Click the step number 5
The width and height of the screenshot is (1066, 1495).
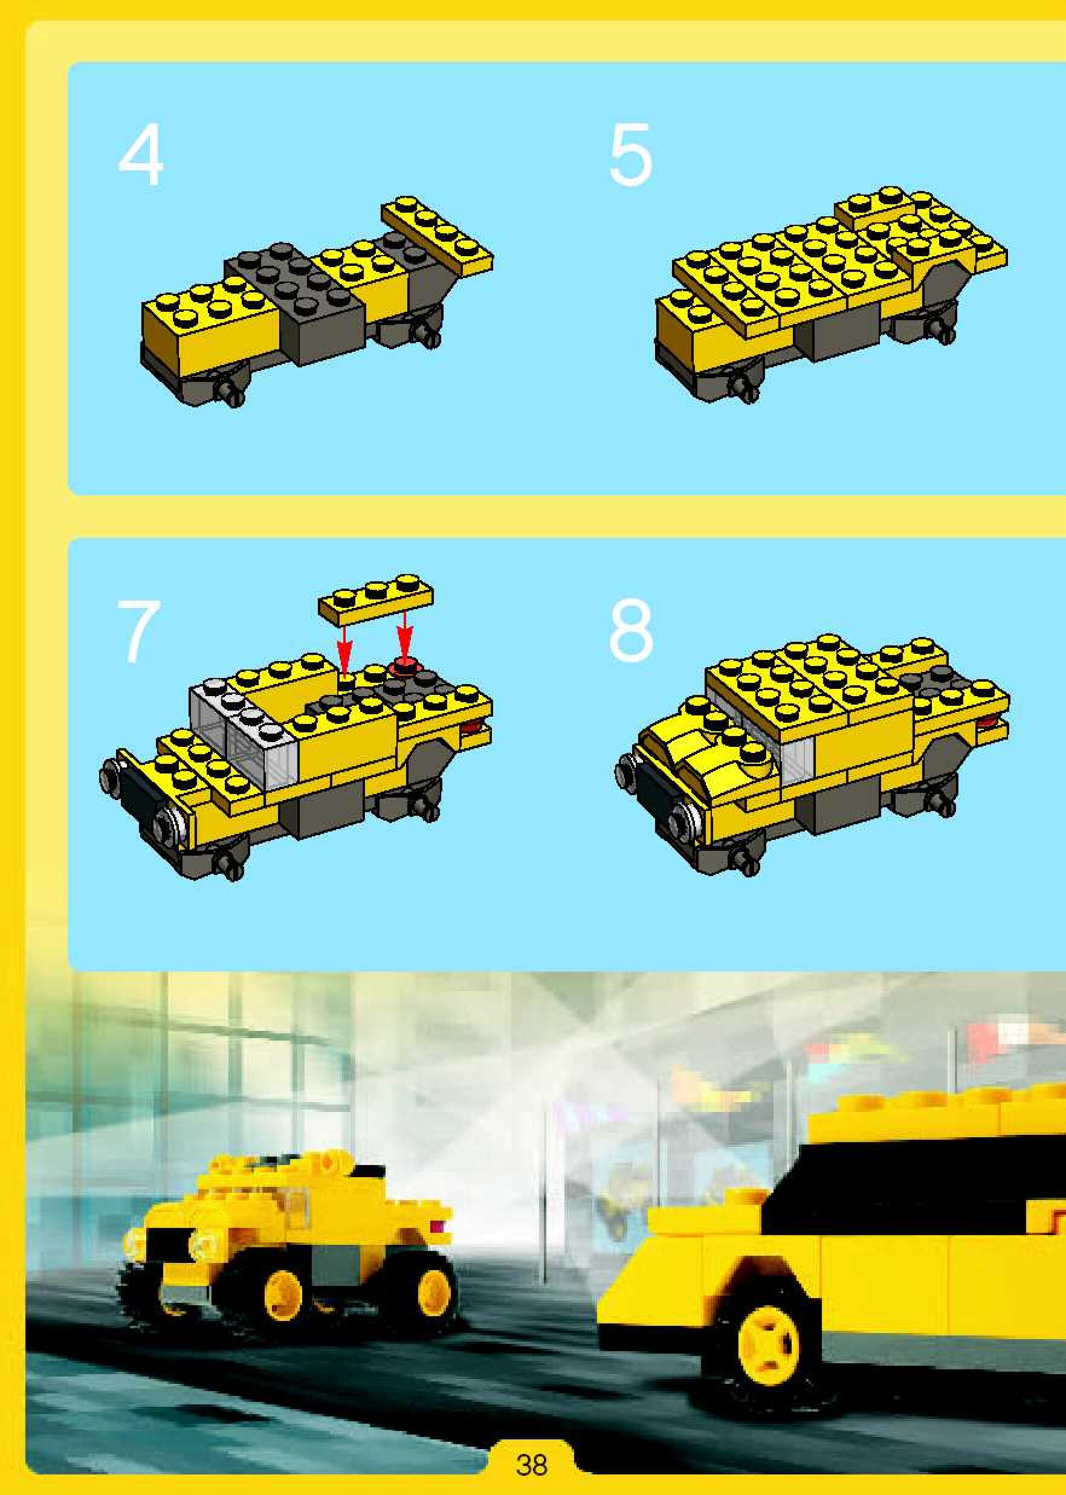point(631,156)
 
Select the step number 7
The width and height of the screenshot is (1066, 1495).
point(138,632)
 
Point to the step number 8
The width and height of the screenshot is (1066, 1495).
point(631,632)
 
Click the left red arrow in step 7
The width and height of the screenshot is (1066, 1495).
point(342,646)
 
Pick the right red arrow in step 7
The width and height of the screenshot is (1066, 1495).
point(405,636)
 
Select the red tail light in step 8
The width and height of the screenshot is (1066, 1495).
point(985,723)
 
